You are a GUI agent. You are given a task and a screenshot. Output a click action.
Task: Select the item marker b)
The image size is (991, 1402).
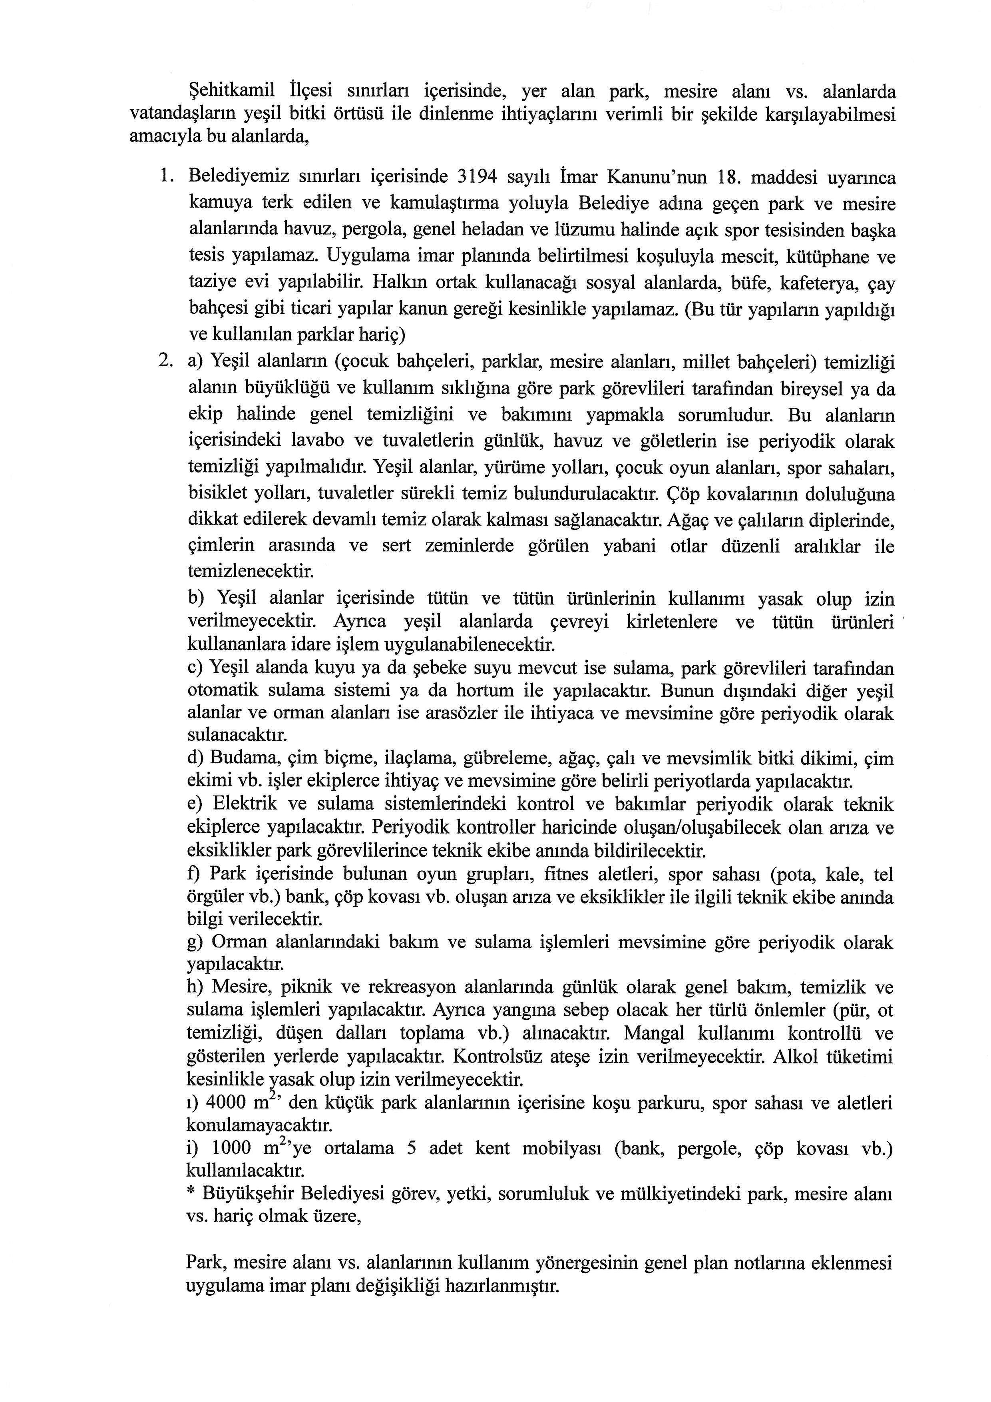197,597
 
